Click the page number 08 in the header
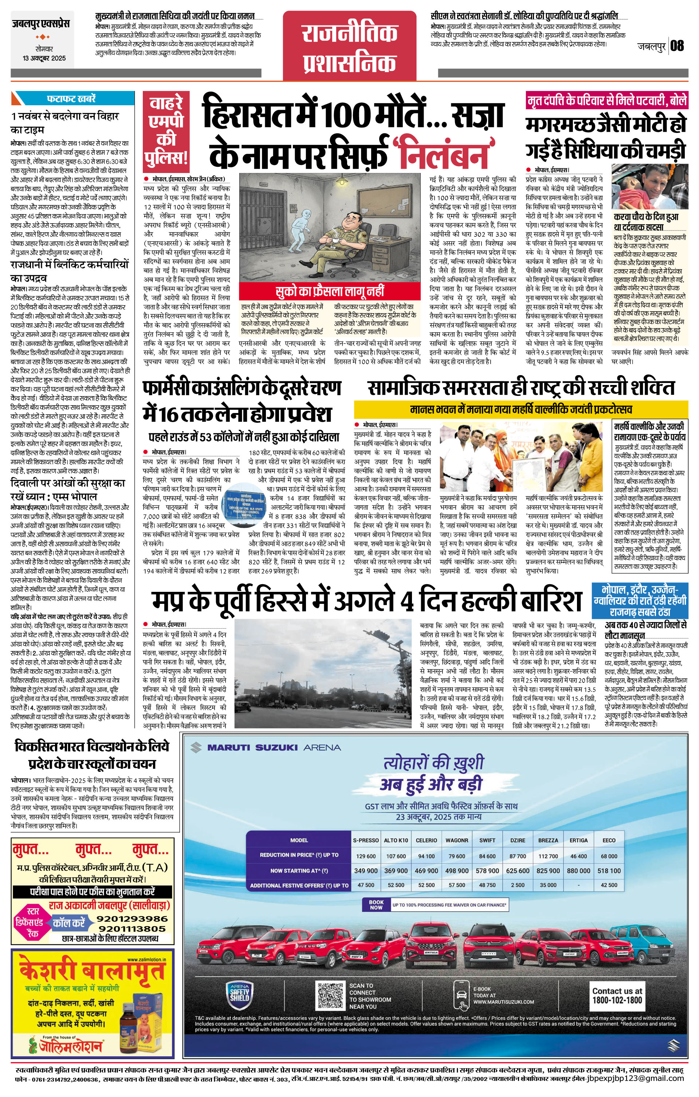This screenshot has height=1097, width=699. pyautogui.click(x=677, y=46)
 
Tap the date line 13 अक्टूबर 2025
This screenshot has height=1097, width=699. pyautogui.click(x=44, y=58)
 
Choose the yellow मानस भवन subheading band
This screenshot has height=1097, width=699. pyautogui.click(x=521, y=409)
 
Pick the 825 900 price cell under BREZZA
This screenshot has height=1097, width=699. pyautogui.click(x=548, y=870)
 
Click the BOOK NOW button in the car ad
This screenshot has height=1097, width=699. pyautogui.click(x=376, y=904)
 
